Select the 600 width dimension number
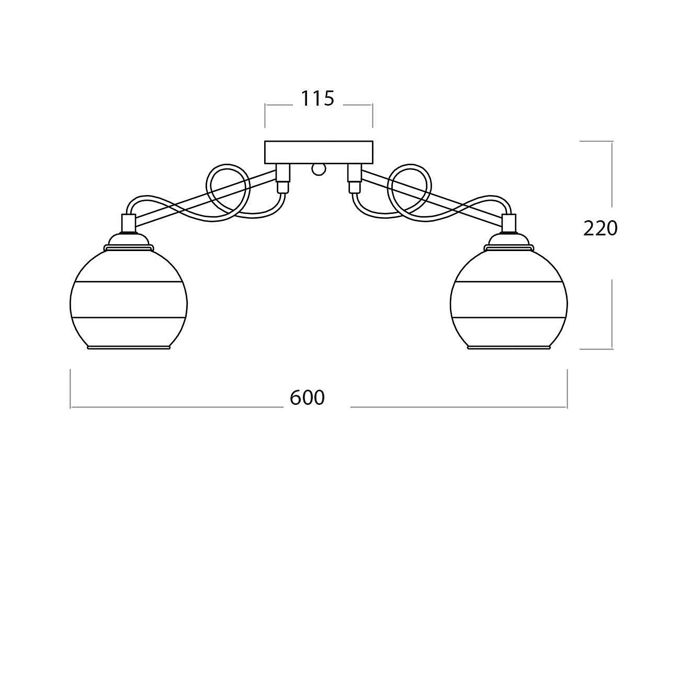[307, 398]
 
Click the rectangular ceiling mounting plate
[319, 152]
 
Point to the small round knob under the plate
[319, 169]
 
